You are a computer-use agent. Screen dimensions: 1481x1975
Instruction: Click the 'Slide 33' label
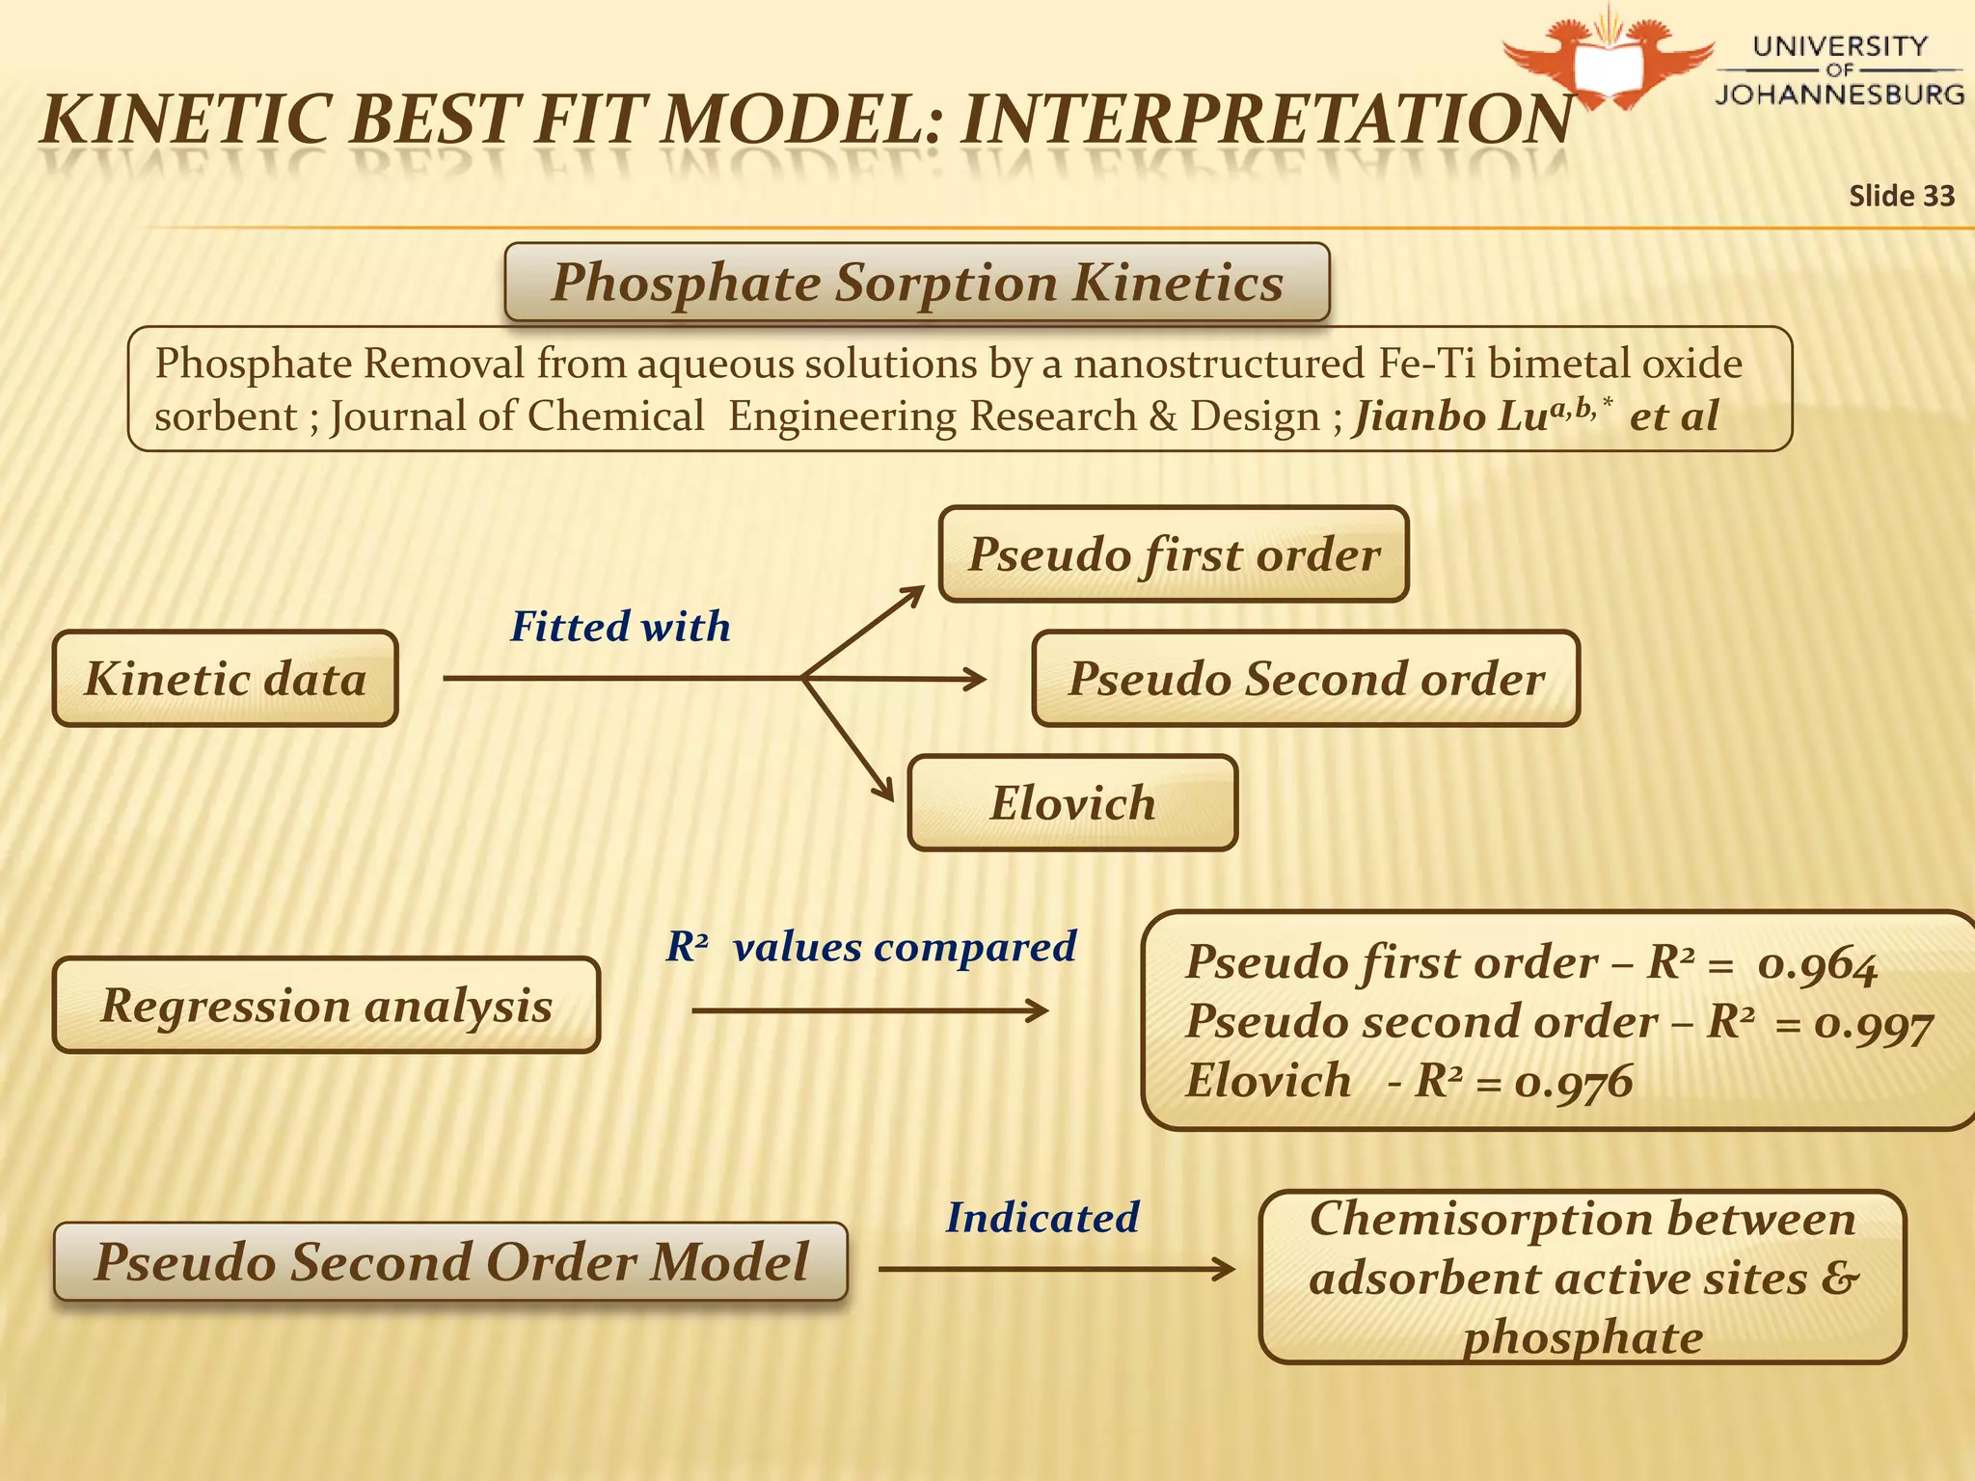(1901, 196)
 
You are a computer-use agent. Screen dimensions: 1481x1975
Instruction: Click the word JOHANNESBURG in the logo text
(1839, 94)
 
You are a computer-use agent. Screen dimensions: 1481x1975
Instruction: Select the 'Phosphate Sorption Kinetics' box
(916, 283)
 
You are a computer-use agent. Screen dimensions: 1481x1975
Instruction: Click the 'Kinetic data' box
(225, 679)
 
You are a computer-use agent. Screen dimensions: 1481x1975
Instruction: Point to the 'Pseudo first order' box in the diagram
(1174, 554)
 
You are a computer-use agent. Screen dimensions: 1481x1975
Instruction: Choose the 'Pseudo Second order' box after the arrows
(1306, 679)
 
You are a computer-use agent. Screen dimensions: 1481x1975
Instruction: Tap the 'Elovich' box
(1072, 803)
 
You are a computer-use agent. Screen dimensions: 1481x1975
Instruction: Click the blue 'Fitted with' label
(620, 627)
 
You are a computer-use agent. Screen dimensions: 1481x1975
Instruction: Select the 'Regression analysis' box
(326, 1006)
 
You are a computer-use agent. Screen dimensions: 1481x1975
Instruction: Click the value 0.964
(1817, 965)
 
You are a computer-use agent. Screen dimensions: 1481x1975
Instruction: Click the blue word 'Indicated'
(1042, 1218)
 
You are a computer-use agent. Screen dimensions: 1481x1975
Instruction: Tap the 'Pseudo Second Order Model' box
(450, 1262)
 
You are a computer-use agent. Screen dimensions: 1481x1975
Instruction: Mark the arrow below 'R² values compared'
(870, 1010)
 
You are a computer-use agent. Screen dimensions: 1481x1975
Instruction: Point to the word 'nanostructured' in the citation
(1219, 364)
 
